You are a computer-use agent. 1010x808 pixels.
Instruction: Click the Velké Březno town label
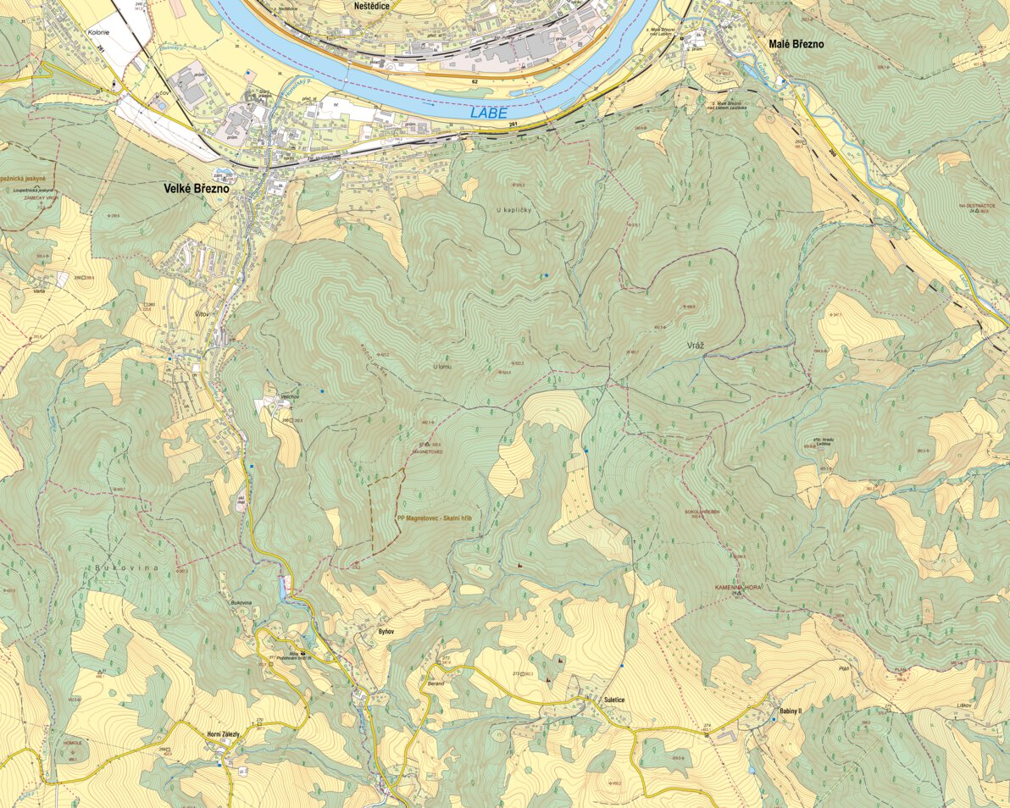(197, 191)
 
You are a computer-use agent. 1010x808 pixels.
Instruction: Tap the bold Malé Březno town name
(795, 44)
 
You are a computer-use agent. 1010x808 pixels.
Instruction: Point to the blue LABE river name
(486, 112)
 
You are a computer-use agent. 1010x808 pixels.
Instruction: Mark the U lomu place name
(442, 367)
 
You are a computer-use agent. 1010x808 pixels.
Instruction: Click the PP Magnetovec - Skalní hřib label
(433, 517)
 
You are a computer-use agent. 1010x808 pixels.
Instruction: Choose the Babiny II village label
(790, 711)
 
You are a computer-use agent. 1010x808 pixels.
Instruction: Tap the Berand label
(436, 682)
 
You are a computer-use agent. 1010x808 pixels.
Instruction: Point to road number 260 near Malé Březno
(832, 153)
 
